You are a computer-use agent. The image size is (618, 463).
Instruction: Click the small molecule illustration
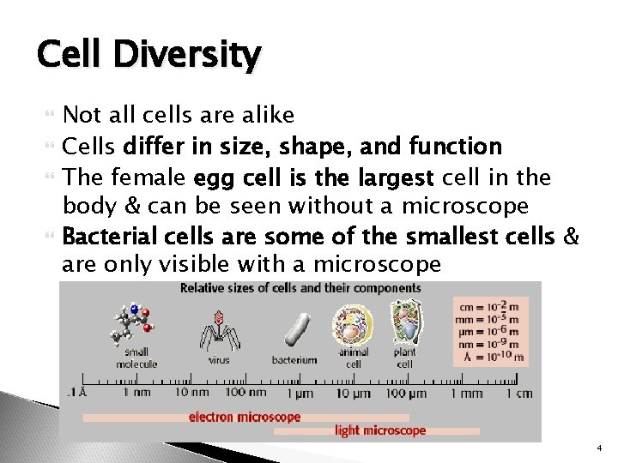coord(134,322)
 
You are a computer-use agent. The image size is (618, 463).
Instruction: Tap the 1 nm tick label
coord(138,394)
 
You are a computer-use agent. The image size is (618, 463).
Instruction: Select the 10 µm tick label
coord(353,394)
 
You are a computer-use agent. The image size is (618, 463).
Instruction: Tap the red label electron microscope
coord(245,417)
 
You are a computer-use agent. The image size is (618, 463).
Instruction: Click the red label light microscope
coord(380,430)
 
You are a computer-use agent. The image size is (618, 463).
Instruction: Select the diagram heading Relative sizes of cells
coord(300,288)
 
